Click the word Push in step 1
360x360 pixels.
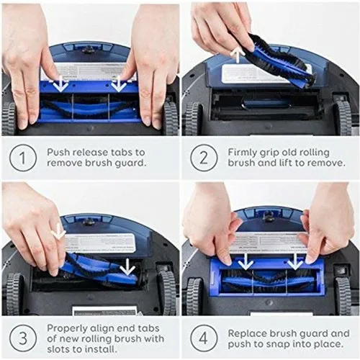(x=60, y=153)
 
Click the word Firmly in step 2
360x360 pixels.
(x=244, y=153)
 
